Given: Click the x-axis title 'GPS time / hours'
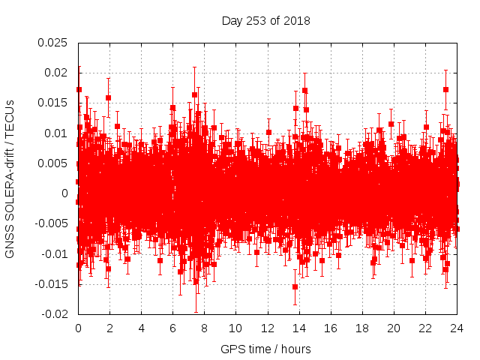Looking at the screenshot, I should (265, 349).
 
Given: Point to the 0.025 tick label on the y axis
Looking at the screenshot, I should (52, 42).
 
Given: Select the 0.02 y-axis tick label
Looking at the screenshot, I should (55, 73).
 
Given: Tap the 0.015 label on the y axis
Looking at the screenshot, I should (52, 103).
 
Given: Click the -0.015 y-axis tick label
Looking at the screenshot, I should (51, 284).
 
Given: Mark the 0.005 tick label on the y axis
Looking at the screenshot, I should (52, 163).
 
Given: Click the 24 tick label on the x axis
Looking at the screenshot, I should (456, 328).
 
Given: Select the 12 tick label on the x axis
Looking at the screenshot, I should (267, 328).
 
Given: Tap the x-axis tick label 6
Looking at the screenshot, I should (172, 328).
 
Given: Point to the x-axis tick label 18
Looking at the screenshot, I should (361, 328).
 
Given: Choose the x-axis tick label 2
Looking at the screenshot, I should (109, 328).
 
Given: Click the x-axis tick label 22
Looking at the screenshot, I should (424, 328).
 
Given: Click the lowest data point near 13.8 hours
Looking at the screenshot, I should (295, 286).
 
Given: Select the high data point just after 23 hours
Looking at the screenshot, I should (445, 89).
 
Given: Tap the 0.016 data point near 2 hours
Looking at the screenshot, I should (109, 97).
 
